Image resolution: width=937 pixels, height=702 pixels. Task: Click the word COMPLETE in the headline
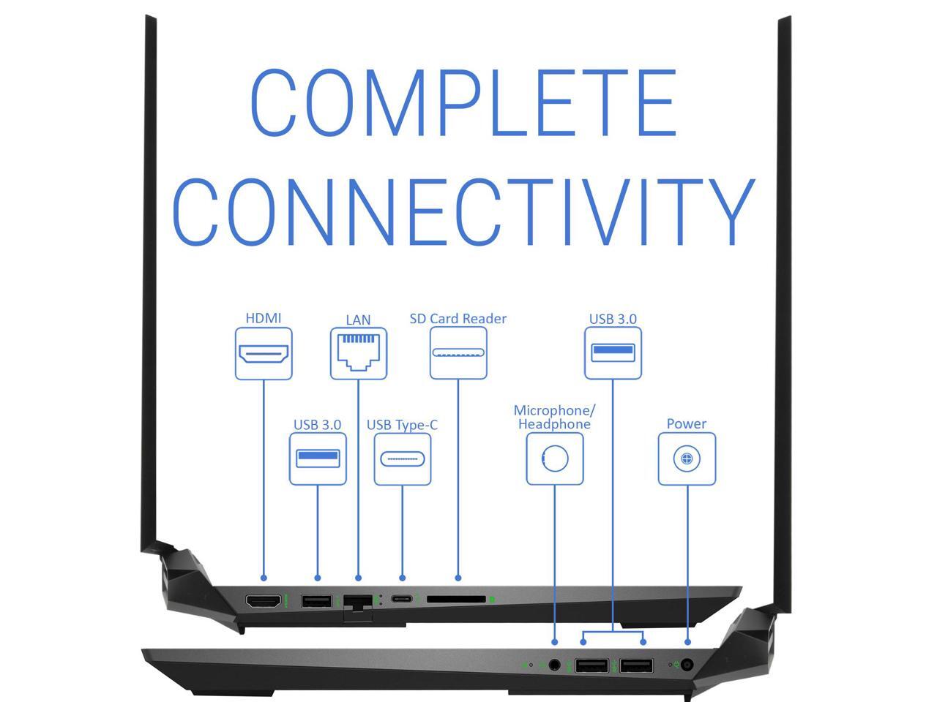pyautogui.click(x=463, y=102)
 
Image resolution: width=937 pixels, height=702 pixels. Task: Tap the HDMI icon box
pyautogui.click(x=264, y=353)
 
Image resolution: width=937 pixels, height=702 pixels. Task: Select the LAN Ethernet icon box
pyautogui.click(x=358, y=353)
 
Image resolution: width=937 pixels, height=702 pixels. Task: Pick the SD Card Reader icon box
pyautogui.click(x=458, y=352)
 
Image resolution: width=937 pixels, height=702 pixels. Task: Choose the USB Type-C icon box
pyautogui.click(x=403, y=459)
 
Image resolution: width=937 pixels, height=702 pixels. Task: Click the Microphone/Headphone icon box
pyautogui.click(x=555, y=458)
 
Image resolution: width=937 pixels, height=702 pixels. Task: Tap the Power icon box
pyautogui.click(x=687, y=458)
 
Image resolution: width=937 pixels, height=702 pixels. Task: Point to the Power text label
pyautogui.click(x=687, y=424)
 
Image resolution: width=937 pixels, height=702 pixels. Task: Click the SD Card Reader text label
pyautogui.click(x=458, y=319)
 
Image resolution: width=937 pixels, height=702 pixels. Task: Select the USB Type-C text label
pyautogui.click(x=402, y=425)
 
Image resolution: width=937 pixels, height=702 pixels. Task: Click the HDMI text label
pyautogui.click(x=264, y=318)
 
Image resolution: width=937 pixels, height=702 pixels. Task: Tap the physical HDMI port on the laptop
pyautogui.click(x=264, y=601)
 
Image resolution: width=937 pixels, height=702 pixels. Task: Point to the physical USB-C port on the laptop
pyautogui.click(x=401, y=599)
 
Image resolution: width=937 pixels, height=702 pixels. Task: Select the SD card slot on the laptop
pyautogui.click(x=456, y=599)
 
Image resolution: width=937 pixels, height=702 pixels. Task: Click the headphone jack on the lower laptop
pyautogui.click(x=554, y=665)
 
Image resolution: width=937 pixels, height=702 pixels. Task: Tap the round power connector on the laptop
pyautogui.click(x=687, y=665)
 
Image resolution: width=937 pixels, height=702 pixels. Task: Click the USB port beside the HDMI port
pyautogui.click(x=316, y=601)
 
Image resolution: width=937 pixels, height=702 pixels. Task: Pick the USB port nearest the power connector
pyautogui.click(x=637, y=666)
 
